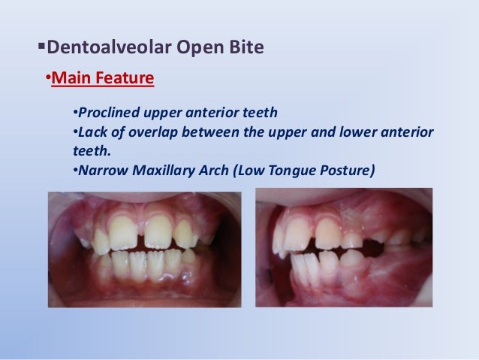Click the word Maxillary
pos(163,169)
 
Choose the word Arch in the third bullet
pos(212,169)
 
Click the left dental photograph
pos(145,249)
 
